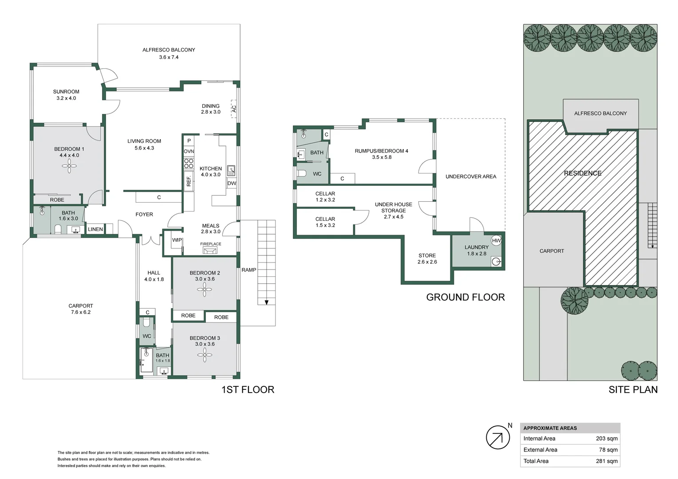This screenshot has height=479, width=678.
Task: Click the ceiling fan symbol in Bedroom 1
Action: click(x=69, y=167)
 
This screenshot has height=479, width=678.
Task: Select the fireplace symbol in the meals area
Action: click(x=210, y=251)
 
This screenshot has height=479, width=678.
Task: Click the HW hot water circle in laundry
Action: click(x=496, y=240)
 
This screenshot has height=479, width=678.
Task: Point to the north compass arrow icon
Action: click(x=497, y=437)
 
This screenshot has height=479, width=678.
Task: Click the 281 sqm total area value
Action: click(x=607, y=461)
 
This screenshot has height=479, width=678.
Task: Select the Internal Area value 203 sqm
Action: click(x=607, y=438)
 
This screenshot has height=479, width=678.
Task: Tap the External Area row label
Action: click(x=540, y=450)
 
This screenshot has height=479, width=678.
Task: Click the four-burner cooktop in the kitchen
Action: click(x=189, y=164)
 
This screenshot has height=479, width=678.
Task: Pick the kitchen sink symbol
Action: click(x=231, y=170)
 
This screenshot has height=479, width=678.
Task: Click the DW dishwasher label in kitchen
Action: click(x=232, y=183)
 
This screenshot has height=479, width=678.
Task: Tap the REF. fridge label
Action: click(x=189, y=181)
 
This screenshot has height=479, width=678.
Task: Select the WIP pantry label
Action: click(x=177, y=240)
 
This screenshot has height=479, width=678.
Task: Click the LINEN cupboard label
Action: click(x=95, y=229)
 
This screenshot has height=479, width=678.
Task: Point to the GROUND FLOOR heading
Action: click(x=465, y=297)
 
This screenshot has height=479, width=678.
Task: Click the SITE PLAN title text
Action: click(x=633, y=389)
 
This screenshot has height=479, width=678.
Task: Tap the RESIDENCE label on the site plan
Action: click(x=582, y=173)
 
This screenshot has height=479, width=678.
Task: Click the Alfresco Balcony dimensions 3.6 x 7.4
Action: click(x=169, y=57)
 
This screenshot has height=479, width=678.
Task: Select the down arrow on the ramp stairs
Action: click(x=266, y=302)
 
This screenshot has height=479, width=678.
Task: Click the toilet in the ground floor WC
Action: click(x=302, y=173)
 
